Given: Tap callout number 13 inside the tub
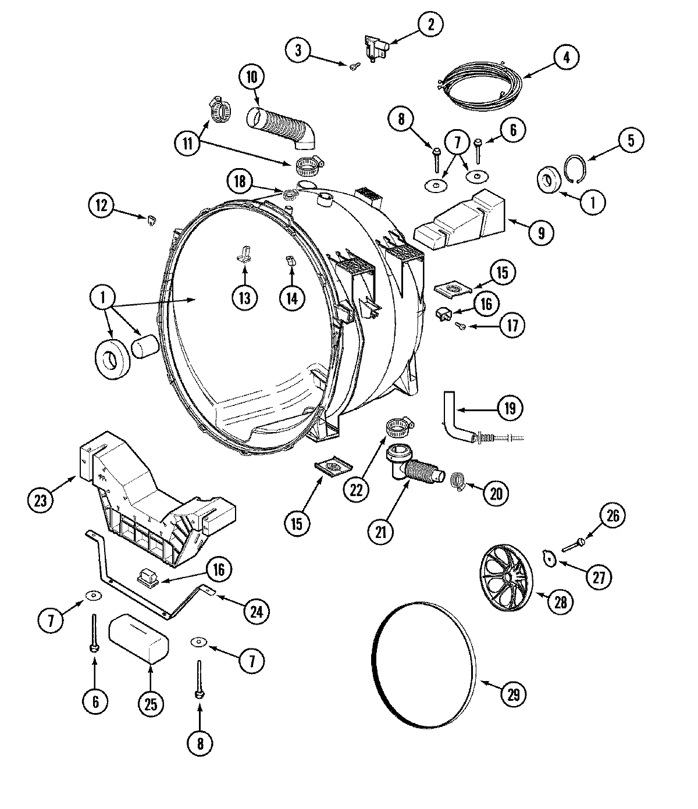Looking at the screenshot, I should coord(244,298).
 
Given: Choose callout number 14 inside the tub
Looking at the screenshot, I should coord(291,298).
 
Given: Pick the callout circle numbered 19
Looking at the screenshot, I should coord(510,408).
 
